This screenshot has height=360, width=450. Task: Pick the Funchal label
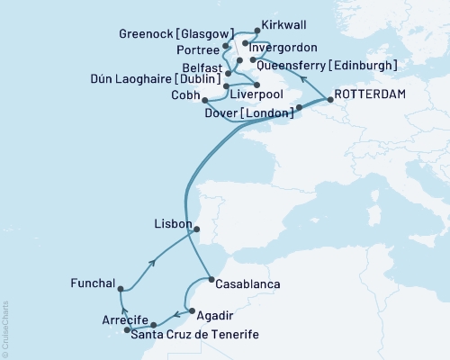point(92,283)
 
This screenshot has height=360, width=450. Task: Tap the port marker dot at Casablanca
point(211,280)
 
